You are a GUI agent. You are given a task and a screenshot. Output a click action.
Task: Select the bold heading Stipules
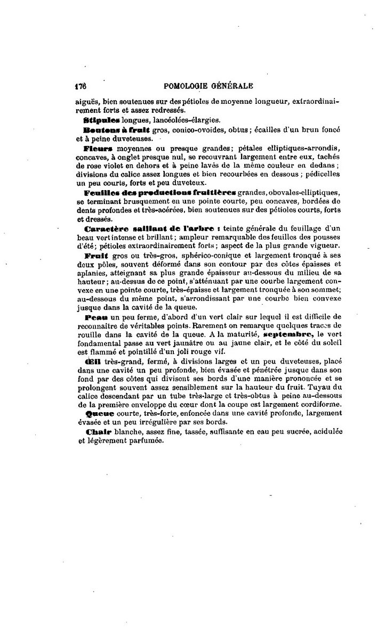[102, 120]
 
